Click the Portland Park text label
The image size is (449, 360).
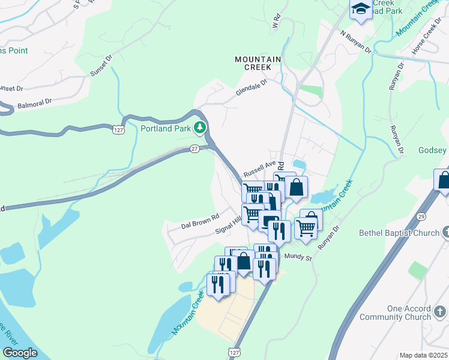(x=165, y=128)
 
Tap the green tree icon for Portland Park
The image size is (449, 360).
(x=200, y=128)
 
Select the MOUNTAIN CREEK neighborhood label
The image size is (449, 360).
(x=258, y=63)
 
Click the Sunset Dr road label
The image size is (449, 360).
(x=101, y=66)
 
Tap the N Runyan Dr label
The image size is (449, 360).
(x=355, y=42)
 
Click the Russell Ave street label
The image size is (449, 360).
(x=259, y=168)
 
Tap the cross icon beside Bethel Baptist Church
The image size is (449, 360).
(x=445, y=232)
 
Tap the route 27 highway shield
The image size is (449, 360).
(x=194, y=149)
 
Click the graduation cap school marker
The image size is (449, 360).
(x=360, y=9)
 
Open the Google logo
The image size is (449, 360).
(x=20, y=353)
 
